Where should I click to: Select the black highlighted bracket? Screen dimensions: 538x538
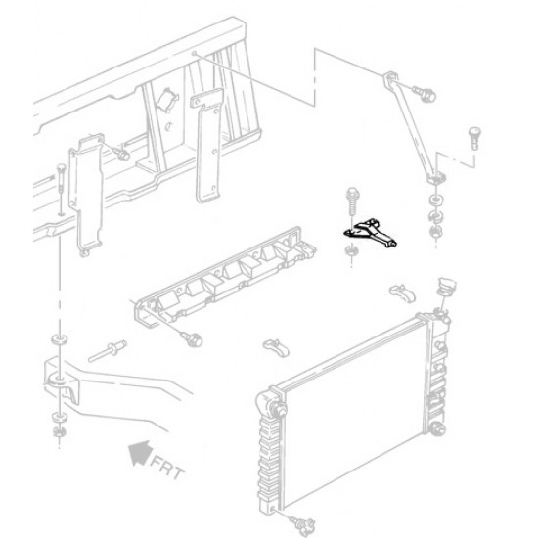(371, 231)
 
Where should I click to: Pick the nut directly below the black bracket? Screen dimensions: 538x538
(350, 256)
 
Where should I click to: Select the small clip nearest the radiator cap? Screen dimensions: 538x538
(401, 291)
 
